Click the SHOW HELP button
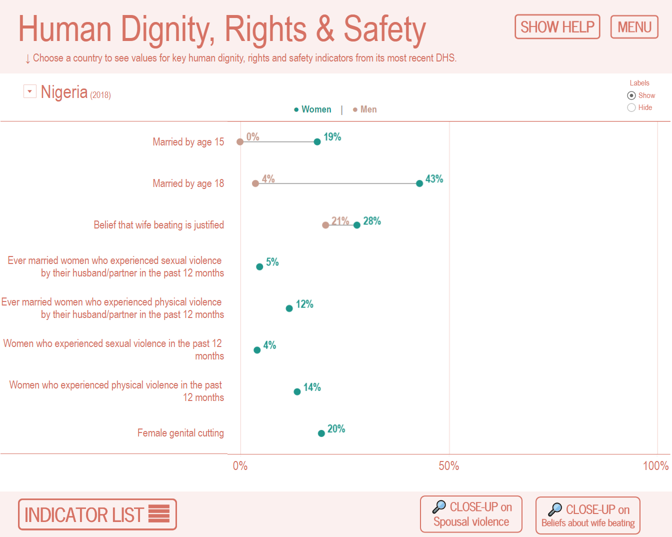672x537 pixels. (x=557, y=27)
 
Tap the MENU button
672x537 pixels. (x=634, y=27)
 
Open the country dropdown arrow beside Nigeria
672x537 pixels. (x=30, y=91)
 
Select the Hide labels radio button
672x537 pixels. (x=631, y=107)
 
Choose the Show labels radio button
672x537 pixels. (x=631, y=95)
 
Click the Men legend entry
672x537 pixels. (x=365, y=109)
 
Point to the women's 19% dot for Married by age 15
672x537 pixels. (x=317, y=142)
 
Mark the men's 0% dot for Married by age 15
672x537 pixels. (x=240, y=142)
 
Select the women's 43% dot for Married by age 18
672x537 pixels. (x=419, y=183)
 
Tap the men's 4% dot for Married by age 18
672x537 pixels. (x=255, y=183)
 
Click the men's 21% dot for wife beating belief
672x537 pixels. (x=325, y=225)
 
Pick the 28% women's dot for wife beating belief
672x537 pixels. (x=357, y=225)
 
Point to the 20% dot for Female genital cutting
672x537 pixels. (x=321, y=433)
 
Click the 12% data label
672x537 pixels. (x=304, y=304)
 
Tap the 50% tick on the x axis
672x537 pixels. (x=448, y=466)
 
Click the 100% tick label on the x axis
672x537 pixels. (x=655, y=466)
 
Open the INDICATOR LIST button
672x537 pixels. (x=97, y=514)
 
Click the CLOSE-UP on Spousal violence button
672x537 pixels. (x=471, y=514)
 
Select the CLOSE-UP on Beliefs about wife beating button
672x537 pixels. (x=588, y=515)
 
